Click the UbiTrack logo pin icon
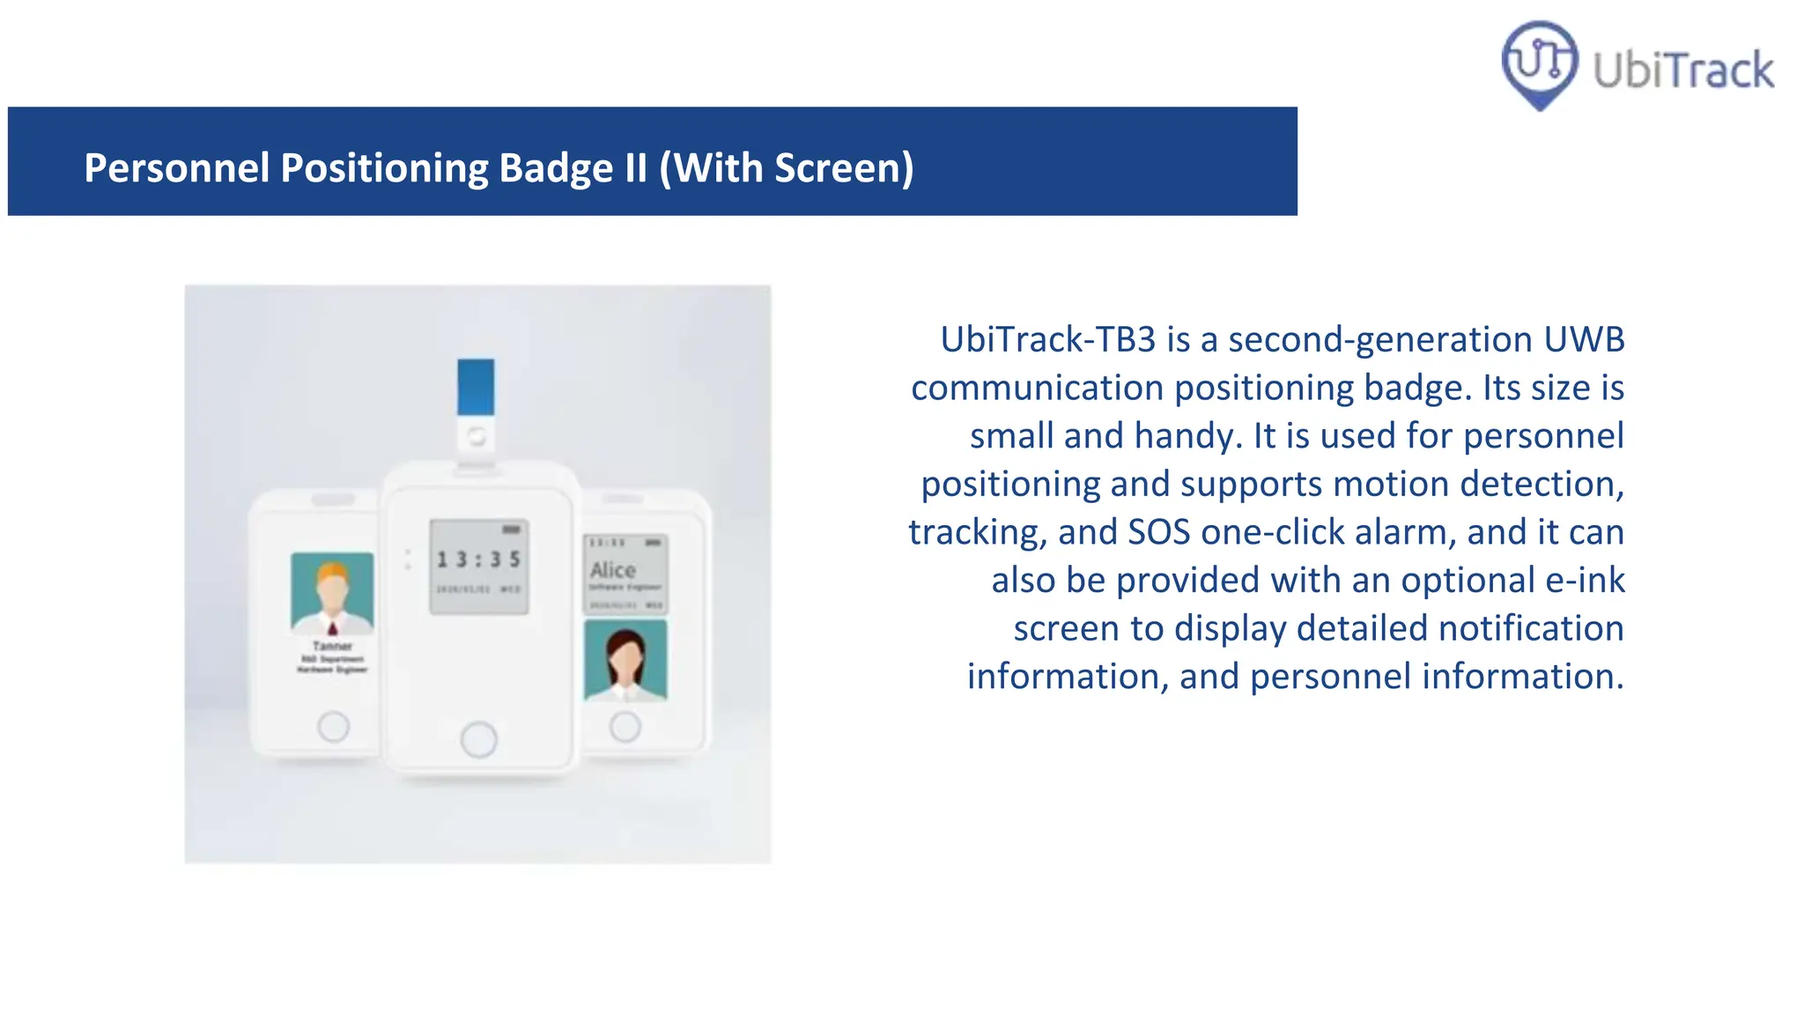[x=1539, y=63]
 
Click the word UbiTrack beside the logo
[x=1683, y=70]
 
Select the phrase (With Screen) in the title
[x=787, y=167]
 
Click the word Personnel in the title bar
[x=176, y=167]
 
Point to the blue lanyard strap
[x=476, y=386]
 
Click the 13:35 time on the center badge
[x=478, y=559]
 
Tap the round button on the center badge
[x=478, y=739]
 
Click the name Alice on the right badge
[x=613, y=570]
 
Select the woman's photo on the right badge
[x=625, y=660]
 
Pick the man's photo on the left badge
[x=332, y=593]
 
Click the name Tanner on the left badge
[x=332, y=646]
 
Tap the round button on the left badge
[x=333, y=727]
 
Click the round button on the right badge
[x=625, y=727]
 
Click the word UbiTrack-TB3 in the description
[x=1047, y=339]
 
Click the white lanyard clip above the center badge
[x=476, y=436]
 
